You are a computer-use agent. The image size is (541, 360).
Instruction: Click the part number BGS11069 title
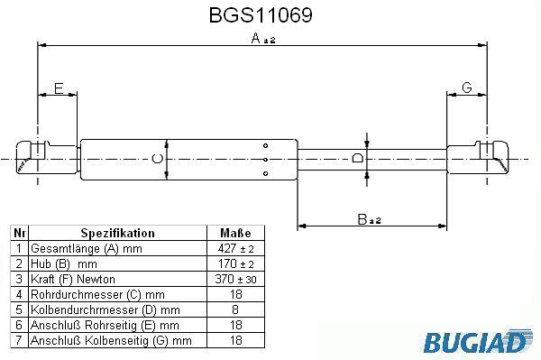click(x=261, y=15)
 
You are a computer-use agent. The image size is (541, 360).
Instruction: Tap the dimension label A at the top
click(x=256, y=38)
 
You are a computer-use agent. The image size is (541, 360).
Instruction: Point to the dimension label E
click(x=59, y=88)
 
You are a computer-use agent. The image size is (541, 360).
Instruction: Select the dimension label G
click(x=467, y=88)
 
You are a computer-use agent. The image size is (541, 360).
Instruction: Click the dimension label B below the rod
click(x=362, y=219)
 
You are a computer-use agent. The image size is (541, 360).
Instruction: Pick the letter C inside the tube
click(x=158, y=159)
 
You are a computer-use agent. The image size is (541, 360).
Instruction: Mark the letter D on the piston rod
click(x=358, y=159)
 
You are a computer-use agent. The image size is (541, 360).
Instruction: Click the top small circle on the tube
click(x=265, y=145)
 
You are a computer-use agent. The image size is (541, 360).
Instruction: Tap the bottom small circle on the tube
click(x=265, y=173)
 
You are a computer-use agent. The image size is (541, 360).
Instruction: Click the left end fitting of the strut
click(x=46, y=158)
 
